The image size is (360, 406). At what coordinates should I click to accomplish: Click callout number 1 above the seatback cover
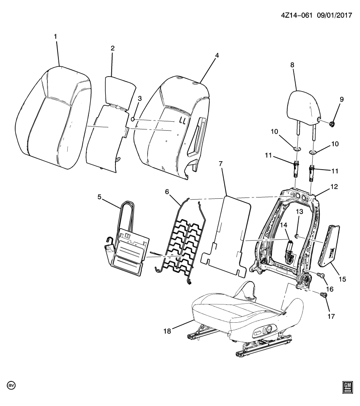(x=55, y=37)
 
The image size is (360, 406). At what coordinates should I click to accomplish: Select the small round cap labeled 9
(x=332, y=124)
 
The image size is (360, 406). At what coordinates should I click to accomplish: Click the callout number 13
(x=300, y=212)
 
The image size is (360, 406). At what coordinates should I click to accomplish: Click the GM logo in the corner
(x=347, y=387)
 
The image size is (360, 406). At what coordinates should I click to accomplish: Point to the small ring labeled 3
(x=133, y=120)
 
